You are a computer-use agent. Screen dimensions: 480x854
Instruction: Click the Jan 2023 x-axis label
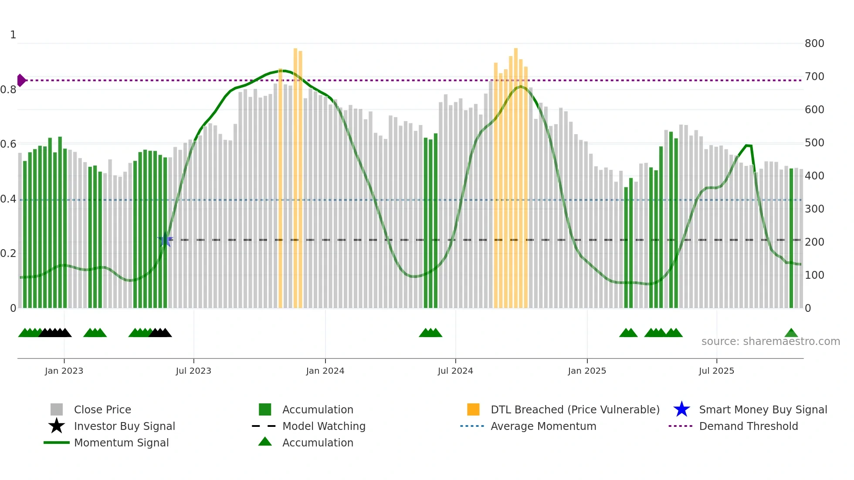(64, 371)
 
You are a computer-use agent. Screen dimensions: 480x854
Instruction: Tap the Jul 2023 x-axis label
(193, 371)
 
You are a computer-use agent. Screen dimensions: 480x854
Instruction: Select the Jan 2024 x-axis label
(325, 371)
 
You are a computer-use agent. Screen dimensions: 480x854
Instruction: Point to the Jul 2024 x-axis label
(455, 371)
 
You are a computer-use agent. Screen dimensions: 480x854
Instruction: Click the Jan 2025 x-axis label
(587, 371)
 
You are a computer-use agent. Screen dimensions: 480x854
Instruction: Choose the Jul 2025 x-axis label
(716, 371)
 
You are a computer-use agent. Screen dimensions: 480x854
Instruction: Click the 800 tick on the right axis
(814, 44)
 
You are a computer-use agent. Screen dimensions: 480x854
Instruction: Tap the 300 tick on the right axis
(814, 209)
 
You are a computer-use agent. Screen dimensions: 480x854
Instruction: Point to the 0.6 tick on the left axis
(8, 144)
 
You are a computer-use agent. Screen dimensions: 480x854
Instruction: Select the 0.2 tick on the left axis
(8, 254)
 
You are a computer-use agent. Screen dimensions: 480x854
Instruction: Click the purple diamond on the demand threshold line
(21, 80)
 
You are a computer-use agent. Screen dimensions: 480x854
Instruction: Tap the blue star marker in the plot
(165, 240)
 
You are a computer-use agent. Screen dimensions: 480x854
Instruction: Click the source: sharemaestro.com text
(770, 341)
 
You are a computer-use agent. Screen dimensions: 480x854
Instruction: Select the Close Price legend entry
(102, 409)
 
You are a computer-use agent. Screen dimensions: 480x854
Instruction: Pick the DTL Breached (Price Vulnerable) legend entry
(575, 409)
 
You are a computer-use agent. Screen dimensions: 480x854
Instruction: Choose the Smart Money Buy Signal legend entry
(762, 409)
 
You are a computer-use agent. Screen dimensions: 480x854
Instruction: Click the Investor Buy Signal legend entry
(124, 426)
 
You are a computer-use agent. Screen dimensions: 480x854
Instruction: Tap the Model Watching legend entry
(324, 426)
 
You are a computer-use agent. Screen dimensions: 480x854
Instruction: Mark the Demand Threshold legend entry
(748, 426)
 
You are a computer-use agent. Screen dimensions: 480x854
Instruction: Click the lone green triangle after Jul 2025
(791, 333)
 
